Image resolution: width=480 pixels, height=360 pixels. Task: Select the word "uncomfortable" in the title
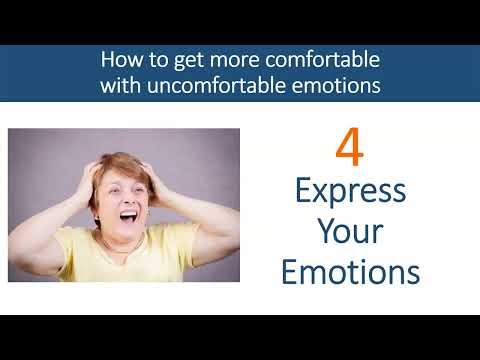pos(225,85)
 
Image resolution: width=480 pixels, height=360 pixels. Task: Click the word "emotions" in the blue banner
pos(336,85)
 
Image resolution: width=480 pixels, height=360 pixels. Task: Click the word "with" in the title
pos(120,85)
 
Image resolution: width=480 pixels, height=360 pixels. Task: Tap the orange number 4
pos(348,147)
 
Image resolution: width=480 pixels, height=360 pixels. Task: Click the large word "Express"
pos(349,193)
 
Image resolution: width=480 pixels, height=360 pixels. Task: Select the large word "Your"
pos(349,232)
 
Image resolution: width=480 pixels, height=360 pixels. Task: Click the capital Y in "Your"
pos(326,231)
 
